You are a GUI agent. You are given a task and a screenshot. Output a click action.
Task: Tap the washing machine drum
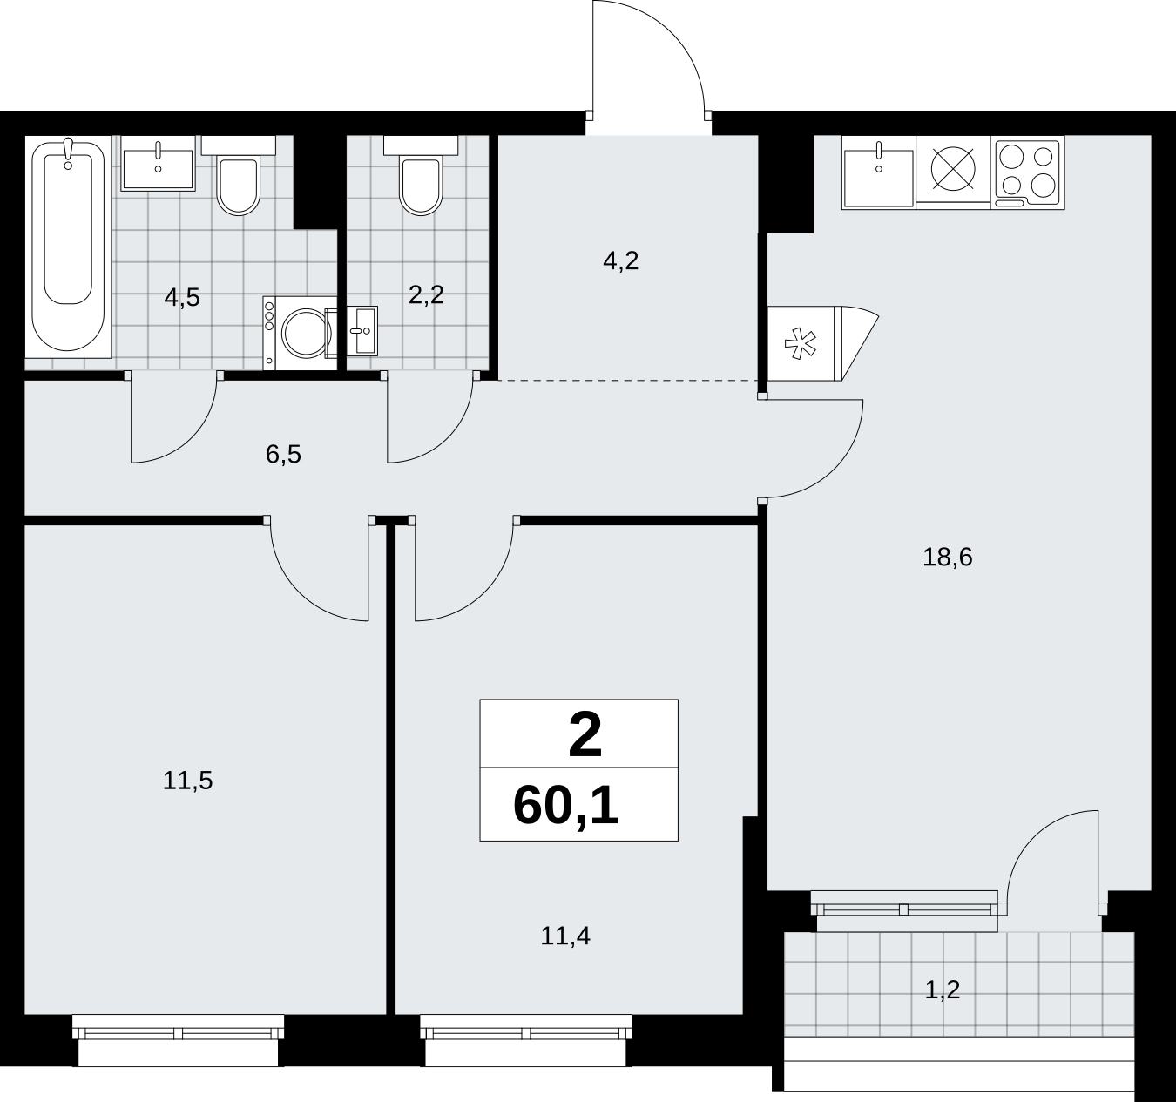(x=303, y=333)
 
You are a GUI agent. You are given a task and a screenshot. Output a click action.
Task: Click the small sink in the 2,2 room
(x=362, y=331)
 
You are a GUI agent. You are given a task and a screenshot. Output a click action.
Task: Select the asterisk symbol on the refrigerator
(x=800, y=343)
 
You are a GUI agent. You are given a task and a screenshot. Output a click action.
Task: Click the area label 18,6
(x=948, y=558)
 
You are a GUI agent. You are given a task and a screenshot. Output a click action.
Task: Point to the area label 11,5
(x=187, y=781)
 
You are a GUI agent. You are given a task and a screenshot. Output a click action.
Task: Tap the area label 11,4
(x=565, y=936)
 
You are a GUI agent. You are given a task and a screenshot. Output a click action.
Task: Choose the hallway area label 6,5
(x=284, y=455)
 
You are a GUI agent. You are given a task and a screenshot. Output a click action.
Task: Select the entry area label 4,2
(x=621, y=260)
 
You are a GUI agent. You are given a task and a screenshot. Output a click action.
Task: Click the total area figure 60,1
(x=566, y=807)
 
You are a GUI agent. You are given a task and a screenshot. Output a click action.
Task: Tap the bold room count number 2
(x=585, y=735)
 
